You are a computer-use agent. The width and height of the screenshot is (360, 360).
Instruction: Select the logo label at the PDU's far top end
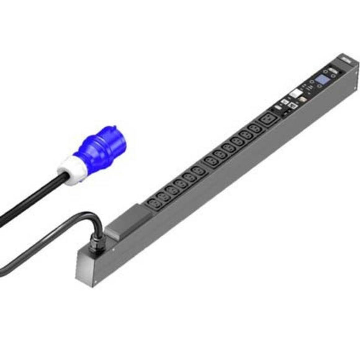click(x=346, y=61)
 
